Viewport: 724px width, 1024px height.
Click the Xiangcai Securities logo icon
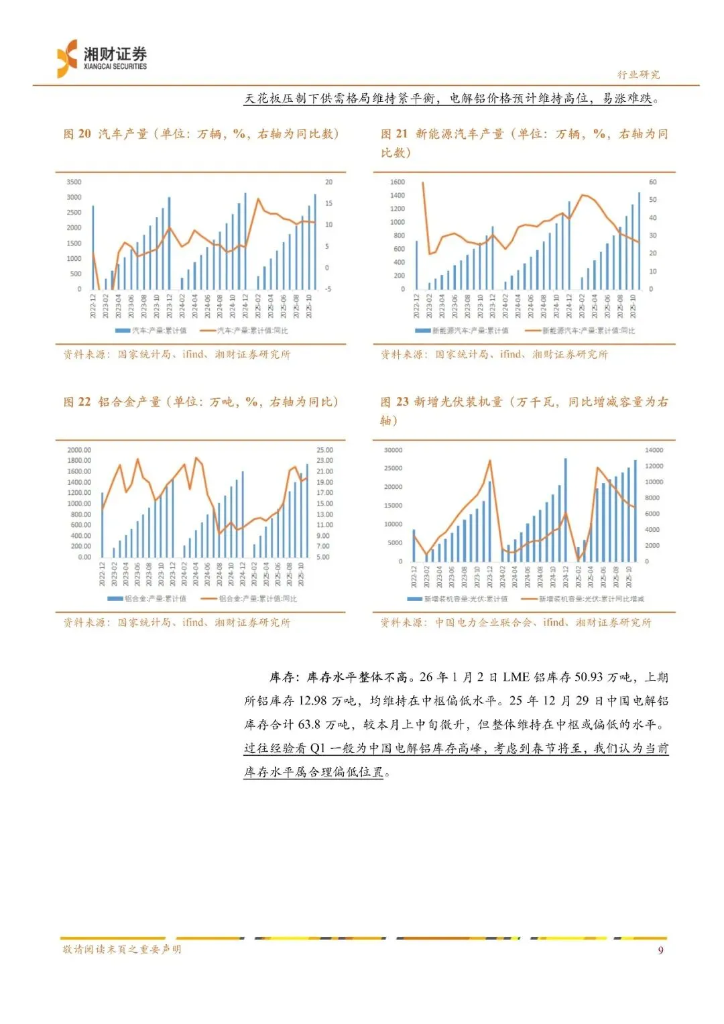(68, 58)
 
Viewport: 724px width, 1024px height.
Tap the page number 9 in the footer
(660, 950)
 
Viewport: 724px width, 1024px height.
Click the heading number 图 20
(77, 134)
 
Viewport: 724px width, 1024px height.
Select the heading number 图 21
(394, 134)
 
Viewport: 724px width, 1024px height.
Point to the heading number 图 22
(77, 402)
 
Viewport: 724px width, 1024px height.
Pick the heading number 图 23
(394, 402)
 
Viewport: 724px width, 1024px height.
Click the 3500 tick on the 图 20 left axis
(74, 182)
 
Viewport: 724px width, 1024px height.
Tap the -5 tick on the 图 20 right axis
(328, 289)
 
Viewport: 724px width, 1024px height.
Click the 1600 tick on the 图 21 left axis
(398, 182)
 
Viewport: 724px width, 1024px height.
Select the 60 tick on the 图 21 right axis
(653, 182)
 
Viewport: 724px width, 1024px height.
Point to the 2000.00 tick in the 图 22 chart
(79, 450)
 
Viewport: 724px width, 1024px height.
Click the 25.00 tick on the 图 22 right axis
(324, 450)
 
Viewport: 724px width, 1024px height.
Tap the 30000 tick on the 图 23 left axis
(394, 450)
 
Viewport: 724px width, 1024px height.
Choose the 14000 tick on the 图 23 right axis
(654, 450)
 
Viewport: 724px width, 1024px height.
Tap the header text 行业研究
(638, 74)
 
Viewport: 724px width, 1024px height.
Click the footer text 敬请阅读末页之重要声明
(122, 950)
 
